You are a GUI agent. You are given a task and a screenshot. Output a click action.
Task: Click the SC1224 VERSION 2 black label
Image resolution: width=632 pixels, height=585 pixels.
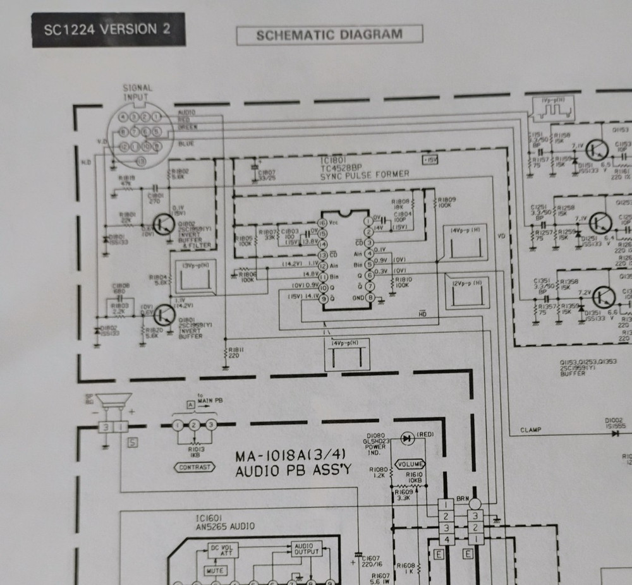click(109, 30)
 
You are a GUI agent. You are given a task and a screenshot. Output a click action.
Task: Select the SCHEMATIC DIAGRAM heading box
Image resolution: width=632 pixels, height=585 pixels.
click(329, 35)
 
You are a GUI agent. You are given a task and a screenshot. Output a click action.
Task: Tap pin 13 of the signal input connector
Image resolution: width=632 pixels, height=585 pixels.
click(140, 162)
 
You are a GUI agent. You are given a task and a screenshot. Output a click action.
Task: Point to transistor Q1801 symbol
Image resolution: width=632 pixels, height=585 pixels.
click(165, 314)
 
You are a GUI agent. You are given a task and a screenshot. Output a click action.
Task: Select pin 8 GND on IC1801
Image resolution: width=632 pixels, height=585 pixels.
click(370, 298)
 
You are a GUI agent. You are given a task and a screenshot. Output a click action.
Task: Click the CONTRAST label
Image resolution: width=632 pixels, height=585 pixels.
click(195, 467)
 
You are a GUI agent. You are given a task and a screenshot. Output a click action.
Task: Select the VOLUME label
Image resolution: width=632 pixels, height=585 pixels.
click(411, 464)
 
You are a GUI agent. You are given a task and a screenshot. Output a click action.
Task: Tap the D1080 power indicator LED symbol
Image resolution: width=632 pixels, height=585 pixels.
click(406, 437)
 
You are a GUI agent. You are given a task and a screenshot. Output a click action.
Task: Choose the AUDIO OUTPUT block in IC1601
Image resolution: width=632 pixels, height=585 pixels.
click(306, 548)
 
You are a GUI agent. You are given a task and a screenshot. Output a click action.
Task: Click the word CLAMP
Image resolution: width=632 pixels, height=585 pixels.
click(531, 430)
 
